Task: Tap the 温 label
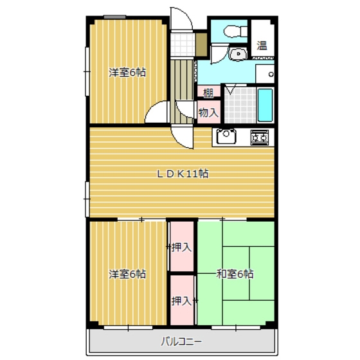coord(262,45)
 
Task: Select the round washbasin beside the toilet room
coord(239,54)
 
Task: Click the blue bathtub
coord(265,105)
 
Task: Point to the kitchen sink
coord(226,136)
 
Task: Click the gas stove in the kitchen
coord(260,138)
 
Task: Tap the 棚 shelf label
coord(208,93)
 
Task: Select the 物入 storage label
coord(208,113)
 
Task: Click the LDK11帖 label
coord(183,174)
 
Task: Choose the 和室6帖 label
coord(235,274)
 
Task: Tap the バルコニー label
coord(181,341)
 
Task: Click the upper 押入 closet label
coord(181,248)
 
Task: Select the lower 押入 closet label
coord(181,301)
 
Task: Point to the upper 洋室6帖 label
coord(127,73)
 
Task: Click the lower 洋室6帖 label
coord(127,274)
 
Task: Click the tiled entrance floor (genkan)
coord(183,45)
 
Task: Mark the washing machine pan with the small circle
coord(265,74)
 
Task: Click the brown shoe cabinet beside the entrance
coord(201,45)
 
